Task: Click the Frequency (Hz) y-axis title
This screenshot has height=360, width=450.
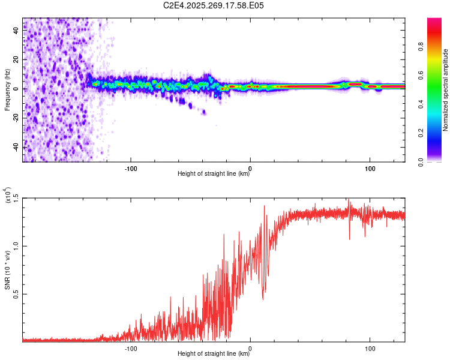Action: click(7, 90)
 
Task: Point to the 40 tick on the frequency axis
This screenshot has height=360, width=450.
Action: click(16, 31)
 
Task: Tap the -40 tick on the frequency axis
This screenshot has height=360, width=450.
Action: click(16, 147)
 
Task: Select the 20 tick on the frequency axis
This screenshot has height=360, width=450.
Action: click(16, 60)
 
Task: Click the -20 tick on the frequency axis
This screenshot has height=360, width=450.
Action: click(16, 118)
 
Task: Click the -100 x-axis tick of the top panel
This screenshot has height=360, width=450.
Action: click(131, 167)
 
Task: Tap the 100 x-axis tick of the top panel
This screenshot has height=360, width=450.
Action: click(370, 167)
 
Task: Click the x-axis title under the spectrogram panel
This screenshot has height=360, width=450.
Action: click(214, 174)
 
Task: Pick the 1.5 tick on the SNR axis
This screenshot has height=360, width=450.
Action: click(16, 198)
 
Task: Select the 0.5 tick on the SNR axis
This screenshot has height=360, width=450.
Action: click(16, 294)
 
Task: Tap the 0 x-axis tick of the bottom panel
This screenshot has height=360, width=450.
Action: click(250, 347)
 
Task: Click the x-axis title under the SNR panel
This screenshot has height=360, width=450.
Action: click(214, 354)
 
